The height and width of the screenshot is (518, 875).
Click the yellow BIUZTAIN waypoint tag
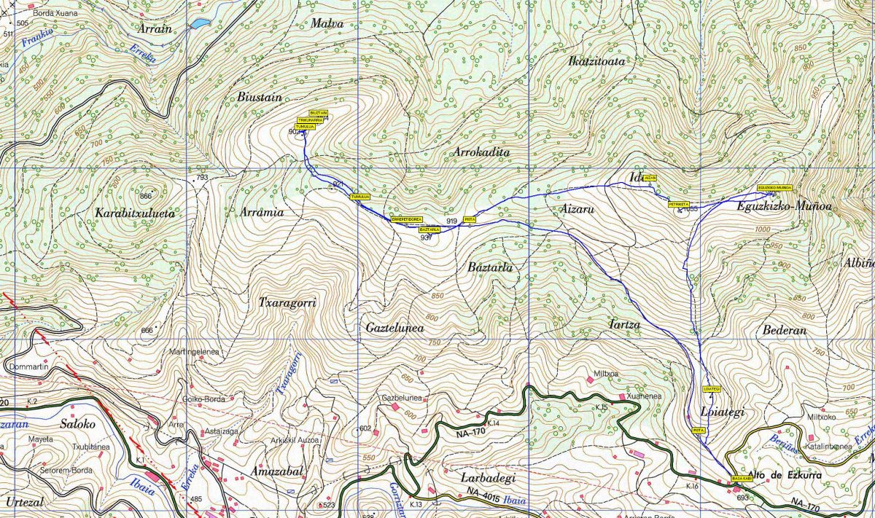click(319, 113)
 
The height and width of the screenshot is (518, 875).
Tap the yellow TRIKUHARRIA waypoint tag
click(310, 120)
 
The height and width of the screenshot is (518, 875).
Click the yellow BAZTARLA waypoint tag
click(429, 229)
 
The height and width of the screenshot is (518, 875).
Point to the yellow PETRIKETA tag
click(678, 205)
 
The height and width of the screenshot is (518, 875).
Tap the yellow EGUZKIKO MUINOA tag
click(774, 187)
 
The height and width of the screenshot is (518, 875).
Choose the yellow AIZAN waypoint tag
click(650, 178)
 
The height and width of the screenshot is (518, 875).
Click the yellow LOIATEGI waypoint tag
click(712, 388)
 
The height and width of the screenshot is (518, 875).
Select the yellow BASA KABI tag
click(742, 479)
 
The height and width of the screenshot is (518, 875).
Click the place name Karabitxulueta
click(135, 213)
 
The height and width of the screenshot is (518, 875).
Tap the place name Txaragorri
click(287, 302)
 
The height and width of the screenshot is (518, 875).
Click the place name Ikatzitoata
click(596, 61)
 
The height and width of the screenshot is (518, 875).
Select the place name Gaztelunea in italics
click(394, 329)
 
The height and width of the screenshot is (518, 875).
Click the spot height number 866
click(147, 196)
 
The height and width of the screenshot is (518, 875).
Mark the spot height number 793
click(202, 178)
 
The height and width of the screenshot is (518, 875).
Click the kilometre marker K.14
click(492, 423)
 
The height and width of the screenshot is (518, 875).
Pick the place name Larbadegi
click(489, 478)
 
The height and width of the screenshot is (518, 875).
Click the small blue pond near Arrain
click(198, 24)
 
